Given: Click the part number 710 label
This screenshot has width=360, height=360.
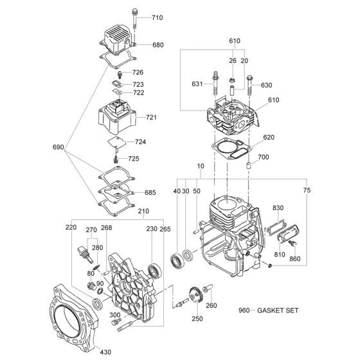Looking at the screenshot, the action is click(157, 18).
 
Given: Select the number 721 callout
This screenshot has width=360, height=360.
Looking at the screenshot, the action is click(151, 117).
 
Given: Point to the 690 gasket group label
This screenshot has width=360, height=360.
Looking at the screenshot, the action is click(59, 147).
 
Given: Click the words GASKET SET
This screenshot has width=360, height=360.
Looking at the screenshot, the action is click(278, 310).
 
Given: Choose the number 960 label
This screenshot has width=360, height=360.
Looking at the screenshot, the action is click(244, 310).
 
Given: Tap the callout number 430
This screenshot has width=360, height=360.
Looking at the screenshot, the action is click(105, 352).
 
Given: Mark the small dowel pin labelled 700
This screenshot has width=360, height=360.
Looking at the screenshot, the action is click(248, 166).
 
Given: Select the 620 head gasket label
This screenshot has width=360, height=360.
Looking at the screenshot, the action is click(269, 138).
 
